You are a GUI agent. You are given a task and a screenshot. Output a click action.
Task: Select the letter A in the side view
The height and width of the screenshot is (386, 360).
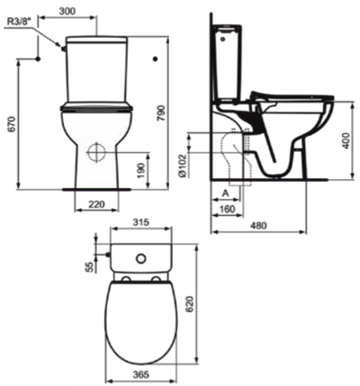(x=222, y=193)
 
